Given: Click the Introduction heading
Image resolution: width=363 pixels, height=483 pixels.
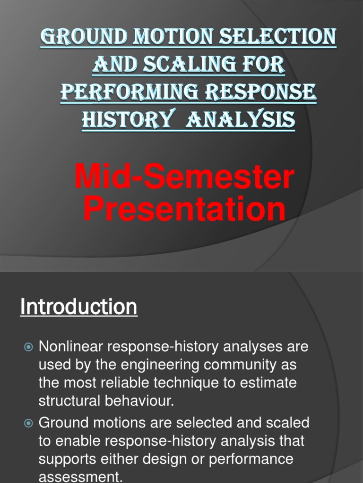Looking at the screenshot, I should tap(78, 307).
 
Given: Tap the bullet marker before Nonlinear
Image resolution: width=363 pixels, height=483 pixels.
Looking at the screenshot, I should tap(28, 347).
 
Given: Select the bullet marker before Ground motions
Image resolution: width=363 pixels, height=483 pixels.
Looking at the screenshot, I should tap(28, 423).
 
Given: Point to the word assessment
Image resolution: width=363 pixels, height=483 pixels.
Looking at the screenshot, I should tap(80, 476).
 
